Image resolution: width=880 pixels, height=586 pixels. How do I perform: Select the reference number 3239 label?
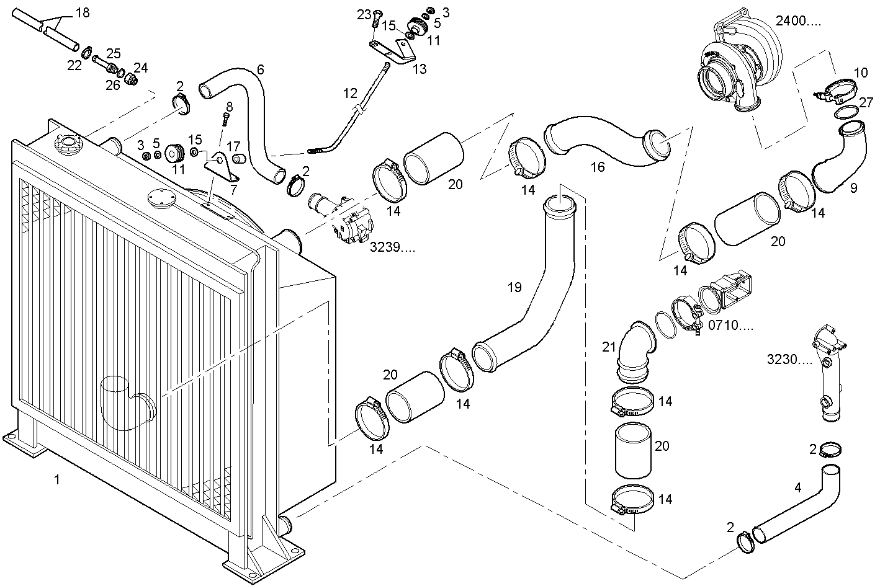[x=392, y=247]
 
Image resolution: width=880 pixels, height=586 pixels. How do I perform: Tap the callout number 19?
[x=514, y=287]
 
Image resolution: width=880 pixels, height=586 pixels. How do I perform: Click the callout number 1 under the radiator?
[x=57, y=479]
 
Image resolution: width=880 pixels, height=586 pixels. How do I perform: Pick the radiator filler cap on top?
[x=68, y=146]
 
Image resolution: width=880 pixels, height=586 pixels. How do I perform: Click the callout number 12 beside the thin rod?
[x=350, y=94]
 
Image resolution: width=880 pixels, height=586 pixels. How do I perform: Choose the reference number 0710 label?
[x=730, y=325]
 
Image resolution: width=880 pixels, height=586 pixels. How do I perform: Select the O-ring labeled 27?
[x=846, y=112]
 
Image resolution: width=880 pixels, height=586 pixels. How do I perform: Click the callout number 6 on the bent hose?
[x=260, y=69]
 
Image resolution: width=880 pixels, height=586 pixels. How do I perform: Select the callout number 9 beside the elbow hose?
[x=853, y=188]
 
